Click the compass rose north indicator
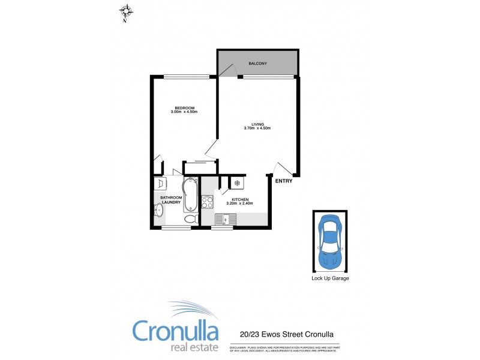click(x=126, y=12)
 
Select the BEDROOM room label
click(x=184, y=108)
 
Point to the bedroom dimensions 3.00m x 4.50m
click(x=184, y=112)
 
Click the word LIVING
click(x=257, y=124)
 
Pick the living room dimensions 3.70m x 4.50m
click(x=257, y=128)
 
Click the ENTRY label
click(x=283, y=181)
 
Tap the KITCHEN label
click(x=239, y=199)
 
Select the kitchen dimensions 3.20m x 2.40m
click(x=239, y=203)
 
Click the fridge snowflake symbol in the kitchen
click(x=237, y=182)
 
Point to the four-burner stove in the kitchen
click(x=208, y=202)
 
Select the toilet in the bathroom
click(x=190, y=220)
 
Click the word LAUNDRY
click(x=171, y=202)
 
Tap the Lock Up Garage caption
click(x=330, y=278)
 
